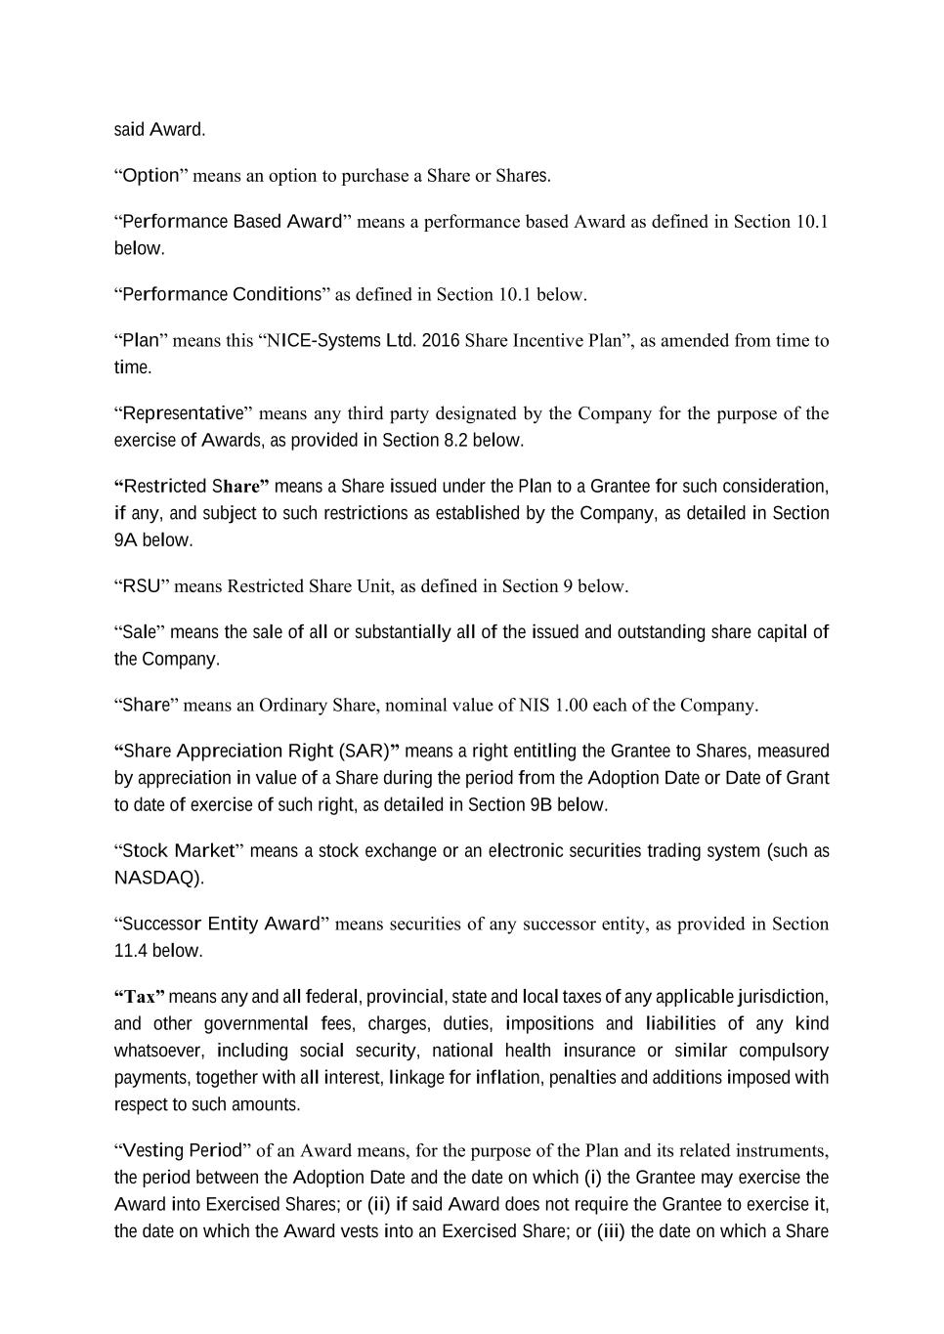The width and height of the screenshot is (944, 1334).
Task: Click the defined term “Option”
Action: click(x=150, y=176)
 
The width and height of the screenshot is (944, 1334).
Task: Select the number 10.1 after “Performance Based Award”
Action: click(x=812, y=222)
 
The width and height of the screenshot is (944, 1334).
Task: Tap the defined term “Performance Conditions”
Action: click(x=222, y=294)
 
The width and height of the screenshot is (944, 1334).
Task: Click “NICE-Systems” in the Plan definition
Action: click(x=323, y=340)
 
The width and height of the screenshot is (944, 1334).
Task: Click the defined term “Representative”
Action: click(x=183, y=413)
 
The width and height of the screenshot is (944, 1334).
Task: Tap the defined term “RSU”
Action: click(x=142, y=586)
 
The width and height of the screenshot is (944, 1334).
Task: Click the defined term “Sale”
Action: click(x=139, y=632)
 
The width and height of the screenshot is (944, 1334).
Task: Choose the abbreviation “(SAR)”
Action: click(x=368, y=751)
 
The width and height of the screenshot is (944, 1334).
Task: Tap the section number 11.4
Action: click(x=131, y=950)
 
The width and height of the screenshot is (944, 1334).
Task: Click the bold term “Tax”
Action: click(x=140, y=997)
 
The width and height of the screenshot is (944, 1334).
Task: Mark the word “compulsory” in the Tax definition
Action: click(x=784, y=1051)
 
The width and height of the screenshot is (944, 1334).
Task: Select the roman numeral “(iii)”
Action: click(x=612, y=1230)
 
